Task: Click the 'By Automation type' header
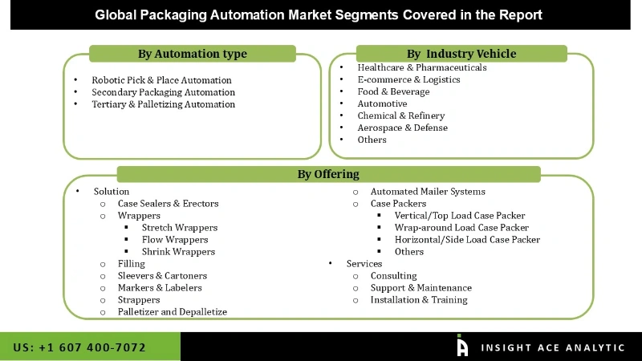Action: (193, 54)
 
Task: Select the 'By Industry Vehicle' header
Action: (461, 54)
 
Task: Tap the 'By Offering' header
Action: (328, 174)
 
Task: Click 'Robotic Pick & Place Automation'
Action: (161, 80)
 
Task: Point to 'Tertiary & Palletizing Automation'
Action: (163, 104)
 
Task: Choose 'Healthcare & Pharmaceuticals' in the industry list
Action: (422, 67)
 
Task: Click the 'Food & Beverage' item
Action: (394, 91)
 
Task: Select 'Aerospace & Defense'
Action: (403, 128)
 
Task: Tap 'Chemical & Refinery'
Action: (401, 116)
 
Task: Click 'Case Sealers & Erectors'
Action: (168, 204)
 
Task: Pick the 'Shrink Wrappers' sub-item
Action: (178, 252)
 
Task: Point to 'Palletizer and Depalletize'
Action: (172, 312)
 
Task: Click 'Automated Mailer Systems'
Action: (428, 192)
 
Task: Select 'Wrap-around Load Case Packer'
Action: (461, 228)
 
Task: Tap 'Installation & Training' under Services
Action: (419, 300)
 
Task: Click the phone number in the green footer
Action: (79, 347)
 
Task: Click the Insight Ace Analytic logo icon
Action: (462, 346)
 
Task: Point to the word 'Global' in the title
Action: (116, 14)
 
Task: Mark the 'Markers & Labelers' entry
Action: (160, 288)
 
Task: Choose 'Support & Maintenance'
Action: (421, 288)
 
